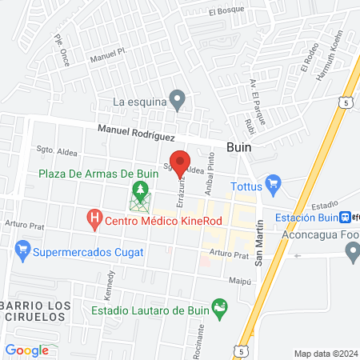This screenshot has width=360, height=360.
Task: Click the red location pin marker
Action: coord(180,163)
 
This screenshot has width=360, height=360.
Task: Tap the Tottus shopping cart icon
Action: coord(273,183)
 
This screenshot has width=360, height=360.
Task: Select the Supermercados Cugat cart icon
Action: coord(22,253)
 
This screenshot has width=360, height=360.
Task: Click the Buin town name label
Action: coord(240,148)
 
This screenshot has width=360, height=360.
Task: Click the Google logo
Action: coord(26,350)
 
